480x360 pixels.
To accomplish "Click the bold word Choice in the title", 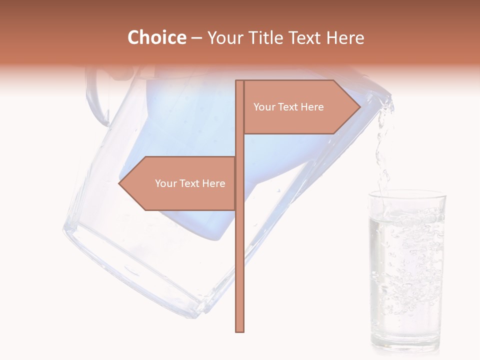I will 156,37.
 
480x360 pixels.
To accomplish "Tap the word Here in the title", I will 345,37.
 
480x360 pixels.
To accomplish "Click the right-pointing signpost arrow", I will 300,107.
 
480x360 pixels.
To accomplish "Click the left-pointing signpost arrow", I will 180,183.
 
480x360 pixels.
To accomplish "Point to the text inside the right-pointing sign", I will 288,107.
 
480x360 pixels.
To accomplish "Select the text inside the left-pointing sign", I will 190,183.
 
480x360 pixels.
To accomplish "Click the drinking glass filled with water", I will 406,270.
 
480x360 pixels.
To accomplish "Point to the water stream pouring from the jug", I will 383,150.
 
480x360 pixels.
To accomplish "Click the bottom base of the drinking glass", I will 406,345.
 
